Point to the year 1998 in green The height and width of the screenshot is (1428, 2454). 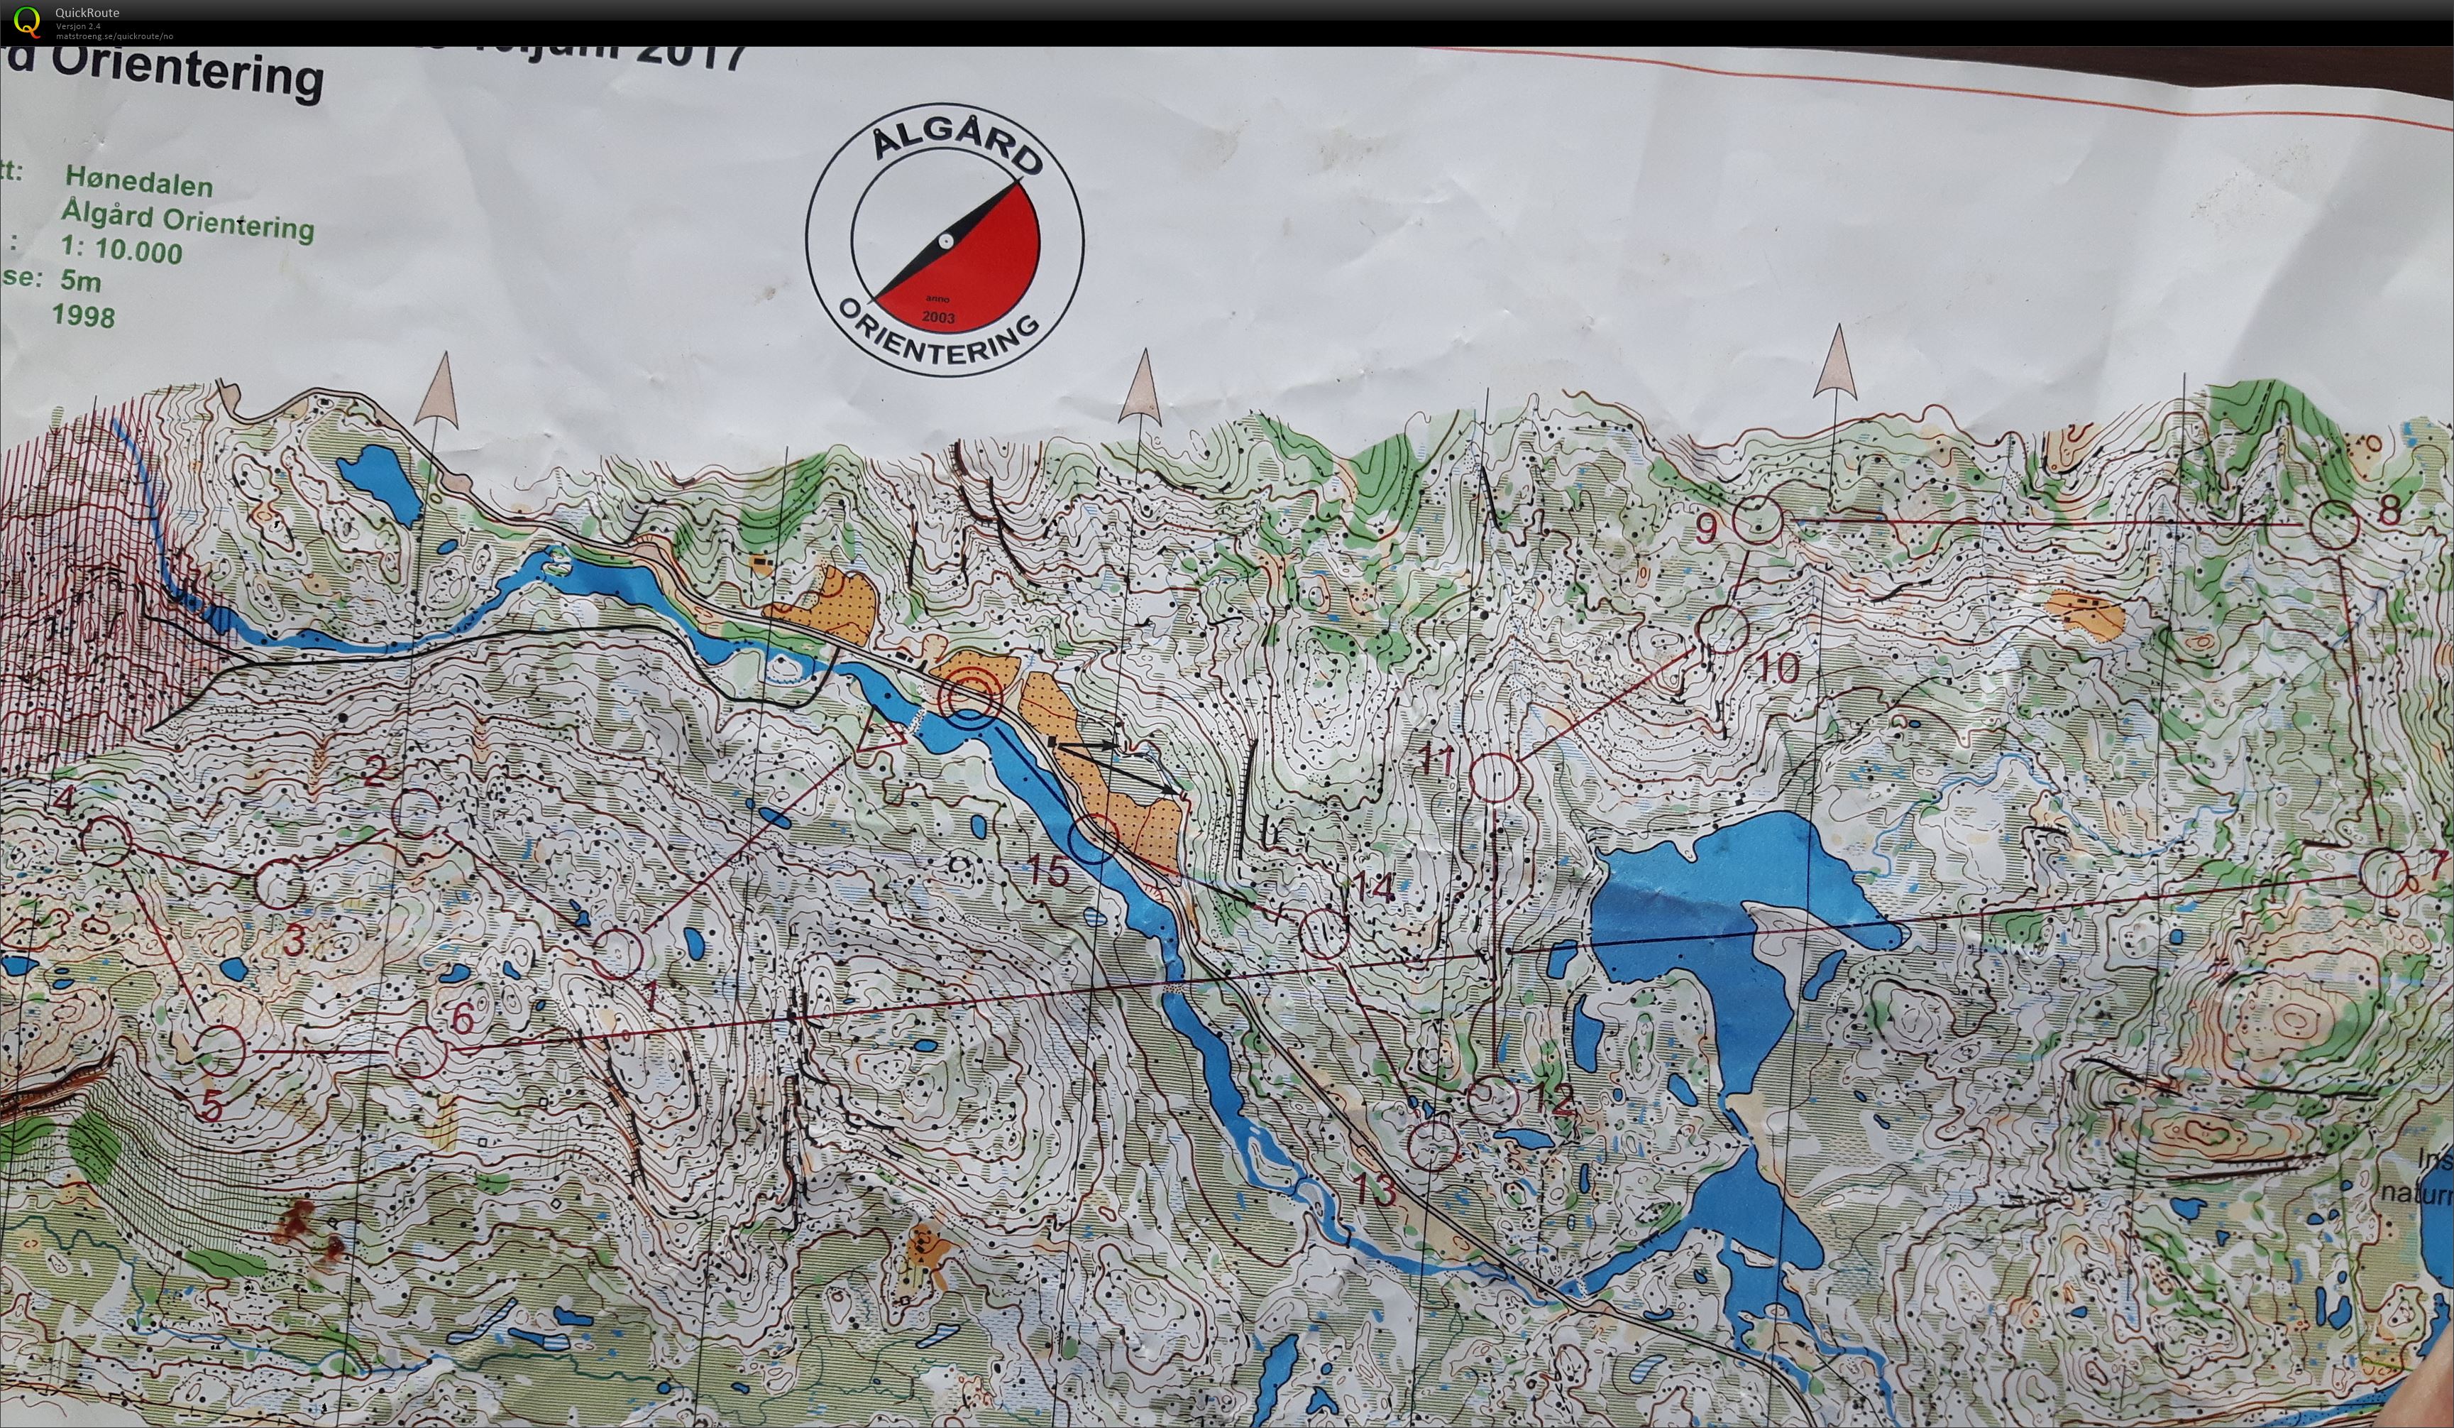84,315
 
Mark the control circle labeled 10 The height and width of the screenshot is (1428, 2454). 1724,628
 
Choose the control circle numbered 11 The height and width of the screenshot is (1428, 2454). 1494,778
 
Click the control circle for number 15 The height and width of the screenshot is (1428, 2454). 1093,838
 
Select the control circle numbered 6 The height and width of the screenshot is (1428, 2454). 421,1052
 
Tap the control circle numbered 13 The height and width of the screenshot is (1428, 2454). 1433,1145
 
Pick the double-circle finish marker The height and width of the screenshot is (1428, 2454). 969,697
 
